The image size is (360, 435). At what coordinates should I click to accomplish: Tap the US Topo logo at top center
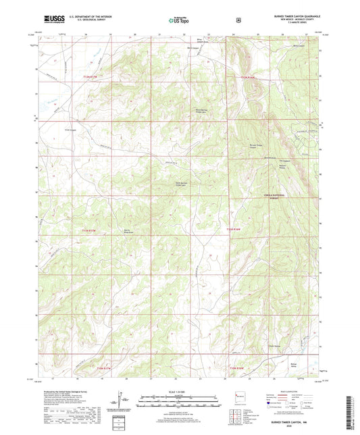pos(180,21)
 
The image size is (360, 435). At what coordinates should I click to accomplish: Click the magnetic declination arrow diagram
pos(124,401)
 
